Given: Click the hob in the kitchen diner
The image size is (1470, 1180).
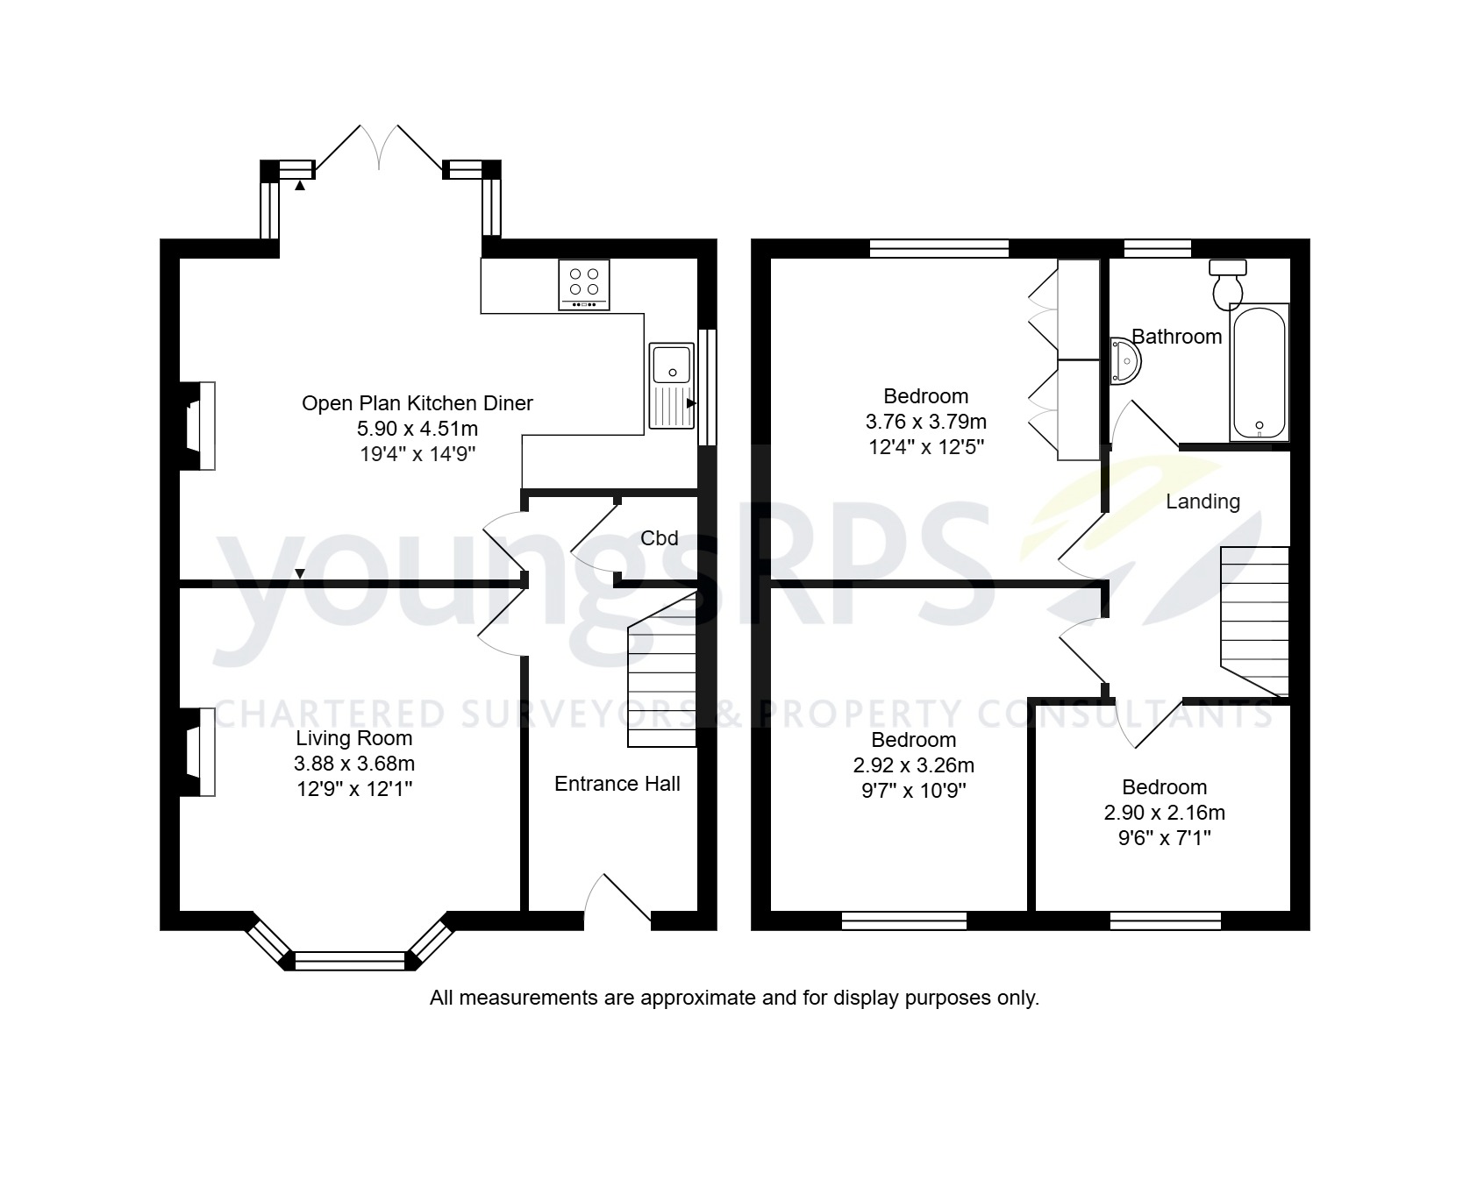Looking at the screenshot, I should (584, 284).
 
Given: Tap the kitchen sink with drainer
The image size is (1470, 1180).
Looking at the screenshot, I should (671, 386).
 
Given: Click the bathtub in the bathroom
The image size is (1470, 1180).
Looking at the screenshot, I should (1259, 372).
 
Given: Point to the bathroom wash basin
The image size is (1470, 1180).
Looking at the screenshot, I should (1124, 361).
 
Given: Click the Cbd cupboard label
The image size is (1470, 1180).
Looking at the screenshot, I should (659, 538).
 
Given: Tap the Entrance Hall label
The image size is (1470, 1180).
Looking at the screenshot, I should (617, 784).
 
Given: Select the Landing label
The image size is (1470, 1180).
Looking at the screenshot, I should (1202, 501).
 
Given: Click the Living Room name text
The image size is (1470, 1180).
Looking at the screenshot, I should (353, 738).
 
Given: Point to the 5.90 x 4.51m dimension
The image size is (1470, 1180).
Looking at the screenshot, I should (417, 429).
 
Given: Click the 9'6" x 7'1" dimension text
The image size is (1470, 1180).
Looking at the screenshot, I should (1164, 838).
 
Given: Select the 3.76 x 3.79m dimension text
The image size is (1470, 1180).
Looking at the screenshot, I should (925, 422).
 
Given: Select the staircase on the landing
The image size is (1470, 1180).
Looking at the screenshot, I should (1255, 619).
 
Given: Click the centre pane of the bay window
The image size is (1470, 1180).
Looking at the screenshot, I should (351, 961).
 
